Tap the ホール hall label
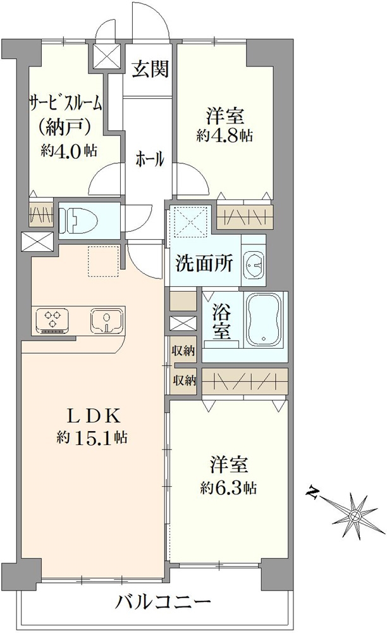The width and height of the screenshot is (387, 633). click(150, 160)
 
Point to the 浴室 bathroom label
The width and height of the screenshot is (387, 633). click(221, 321)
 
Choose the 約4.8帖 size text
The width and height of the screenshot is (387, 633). click(226, 136)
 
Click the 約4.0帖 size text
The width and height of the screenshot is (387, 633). click(69, 150)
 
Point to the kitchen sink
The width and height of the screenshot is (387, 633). click(107, 320)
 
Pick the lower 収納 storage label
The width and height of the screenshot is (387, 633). click(184, 381)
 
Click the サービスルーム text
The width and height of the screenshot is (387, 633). click(65, 103)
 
